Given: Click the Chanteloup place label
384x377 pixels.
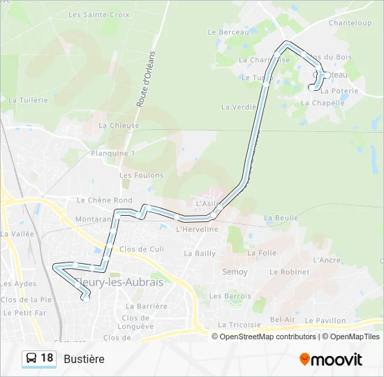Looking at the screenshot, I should pos(350,23).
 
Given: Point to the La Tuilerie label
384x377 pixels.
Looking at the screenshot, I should pos(28,100).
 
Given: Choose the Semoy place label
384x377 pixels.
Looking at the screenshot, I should pos(235,272).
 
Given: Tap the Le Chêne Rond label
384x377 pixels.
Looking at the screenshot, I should pos(104,200).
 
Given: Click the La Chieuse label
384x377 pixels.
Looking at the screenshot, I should pos(119,126).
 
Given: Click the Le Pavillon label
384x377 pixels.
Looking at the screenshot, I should pos(327,320).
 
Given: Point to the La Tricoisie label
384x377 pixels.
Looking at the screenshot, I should pos(239,325).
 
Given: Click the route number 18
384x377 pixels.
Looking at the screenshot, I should pos(47,358).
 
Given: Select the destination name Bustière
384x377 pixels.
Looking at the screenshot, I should pos(84,359).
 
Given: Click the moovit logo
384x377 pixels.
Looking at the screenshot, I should pos(331,360).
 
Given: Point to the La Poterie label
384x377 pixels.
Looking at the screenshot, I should pos(339,91).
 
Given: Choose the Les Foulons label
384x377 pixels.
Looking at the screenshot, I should pos(141,175).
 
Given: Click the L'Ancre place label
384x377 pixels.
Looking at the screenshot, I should pos(327,260).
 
